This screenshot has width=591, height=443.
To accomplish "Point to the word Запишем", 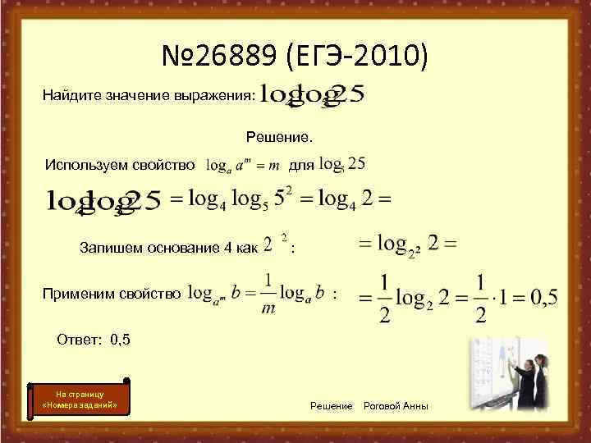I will click(x=107, y=246).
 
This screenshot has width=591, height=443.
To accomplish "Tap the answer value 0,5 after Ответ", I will click(x=120, y=337).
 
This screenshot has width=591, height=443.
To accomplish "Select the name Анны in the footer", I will click(x=418, y=407).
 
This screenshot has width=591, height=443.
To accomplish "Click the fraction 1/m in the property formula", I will click(x=264, y=294).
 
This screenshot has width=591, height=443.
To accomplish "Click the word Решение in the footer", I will click(x=332, y=407).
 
